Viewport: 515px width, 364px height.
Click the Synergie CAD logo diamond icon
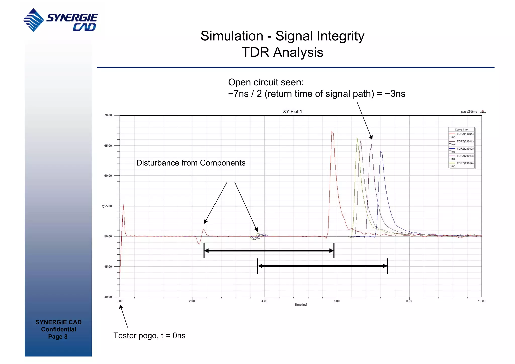[x=34, y=20]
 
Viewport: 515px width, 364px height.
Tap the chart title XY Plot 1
[x=292, y=111]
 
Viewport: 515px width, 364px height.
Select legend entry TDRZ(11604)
[x=465, y=134]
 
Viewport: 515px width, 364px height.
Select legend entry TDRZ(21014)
[x=465, y=163]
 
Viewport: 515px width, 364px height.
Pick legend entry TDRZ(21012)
[x=465, y=149]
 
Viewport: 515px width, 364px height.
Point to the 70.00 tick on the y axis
[x=108, y=115]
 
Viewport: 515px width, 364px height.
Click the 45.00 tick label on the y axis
[x=108, y=267]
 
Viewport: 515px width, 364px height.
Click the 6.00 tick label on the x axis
[x=337, y=301]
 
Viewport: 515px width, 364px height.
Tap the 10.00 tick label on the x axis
[x=481, y=301]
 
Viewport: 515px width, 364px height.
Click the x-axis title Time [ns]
[x=301, y=305]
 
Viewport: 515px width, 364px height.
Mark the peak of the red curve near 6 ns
[x=332, y=131]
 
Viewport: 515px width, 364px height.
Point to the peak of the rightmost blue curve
[x=381, y=152]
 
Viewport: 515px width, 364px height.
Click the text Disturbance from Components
[x=191, y=163]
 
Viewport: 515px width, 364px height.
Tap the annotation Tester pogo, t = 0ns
[x=149, y=336]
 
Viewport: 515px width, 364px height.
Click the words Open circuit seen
[x=266, y=82]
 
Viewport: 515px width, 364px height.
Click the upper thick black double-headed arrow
[x=269, y=251]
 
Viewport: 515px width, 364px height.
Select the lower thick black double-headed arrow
[x=322, y=266]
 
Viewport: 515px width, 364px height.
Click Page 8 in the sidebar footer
[x=58, y=337]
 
